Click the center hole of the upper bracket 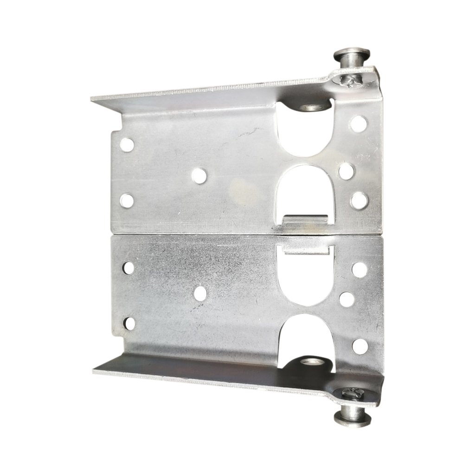tap(199, 176)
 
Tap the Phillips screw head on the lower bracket tap(350, 393)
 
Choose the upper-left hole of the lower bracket tap(128, 268)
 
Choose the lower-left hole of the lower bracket tap(129, 323)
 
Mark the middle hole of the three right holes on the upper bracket tap(346, 171)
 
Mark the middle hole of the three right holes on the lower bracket tap(347, 298)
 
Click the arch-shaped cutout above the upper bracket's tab tap(306, 190)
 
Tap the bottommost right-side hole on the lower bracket tap(359, 346)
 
